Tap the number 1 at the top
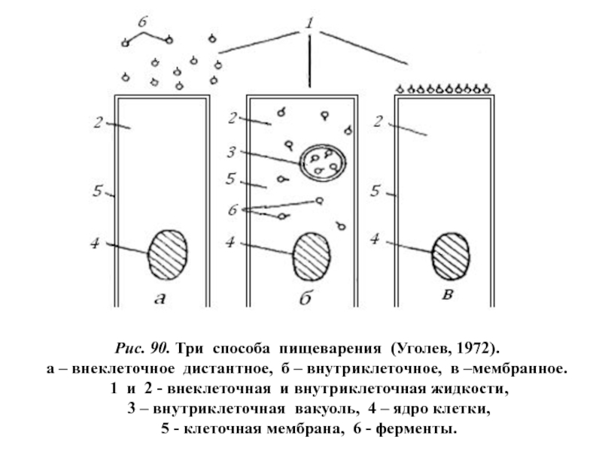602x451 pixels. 309,26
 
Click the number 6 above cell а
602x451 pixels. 141,23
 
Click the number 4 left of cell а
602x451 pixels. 96,243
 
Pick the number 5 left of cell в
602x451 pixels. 374,192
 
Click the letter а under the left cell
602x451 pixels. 160,299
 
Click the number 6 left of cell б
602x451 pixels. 233,209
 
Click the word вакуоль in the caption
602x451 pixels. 312,410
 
